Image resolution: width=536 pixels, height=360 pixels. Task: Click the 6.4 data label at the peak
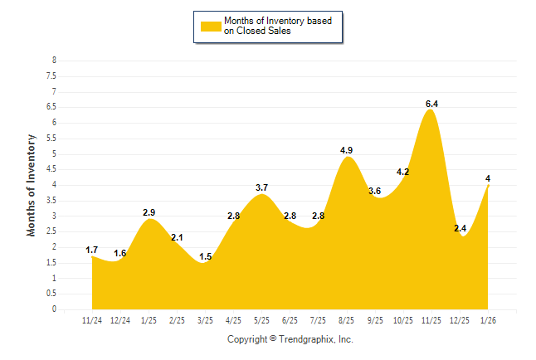[431, 104]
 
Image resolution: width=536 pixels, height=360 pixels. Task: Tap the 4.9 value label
[347, 150]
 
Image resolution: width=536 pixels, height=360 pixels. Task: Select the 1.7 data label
[92, 250]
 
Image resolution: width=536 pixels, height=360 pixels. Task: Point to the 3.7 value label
[261, 187]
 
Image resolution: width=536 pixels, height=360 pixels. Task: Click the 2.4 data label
[459, 228]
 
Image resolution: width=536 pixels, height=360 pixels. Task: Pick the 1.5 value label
[206, 256]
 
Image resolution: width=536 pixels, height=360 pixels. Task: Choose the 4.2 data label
[403, 172]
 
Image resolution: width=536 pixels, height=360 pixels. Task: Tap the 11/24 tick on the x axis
[92, 319]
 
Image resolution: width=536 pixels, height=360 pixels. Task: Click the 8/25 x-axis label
[347, 319]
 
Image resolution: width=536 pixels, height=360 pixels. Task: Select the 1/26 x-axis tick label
[488, 319]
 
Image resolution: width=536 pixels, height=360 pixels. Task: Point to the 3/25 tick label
[205, 319]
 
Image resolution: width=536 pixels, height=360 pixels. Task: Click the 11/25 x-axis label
[431, 319]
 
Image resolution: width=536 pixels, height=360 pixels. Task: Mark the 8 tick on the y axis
[54, 61]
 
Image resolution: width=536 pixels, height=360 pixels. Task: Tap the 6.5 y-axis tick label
[51, 107]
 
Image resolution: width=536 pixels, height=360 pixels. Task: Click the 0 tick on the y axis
[54, 309]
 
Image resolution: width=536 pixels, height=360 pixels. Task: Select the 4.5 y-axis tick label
[51, 169]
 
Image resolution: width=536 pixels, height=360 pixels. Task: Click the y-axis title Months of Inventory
[32, 185]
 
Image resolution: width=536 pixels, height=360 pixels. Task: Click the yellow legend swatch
[210, 27]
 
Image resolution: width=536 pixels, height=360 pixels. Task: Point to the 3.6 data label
[375, 192]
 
